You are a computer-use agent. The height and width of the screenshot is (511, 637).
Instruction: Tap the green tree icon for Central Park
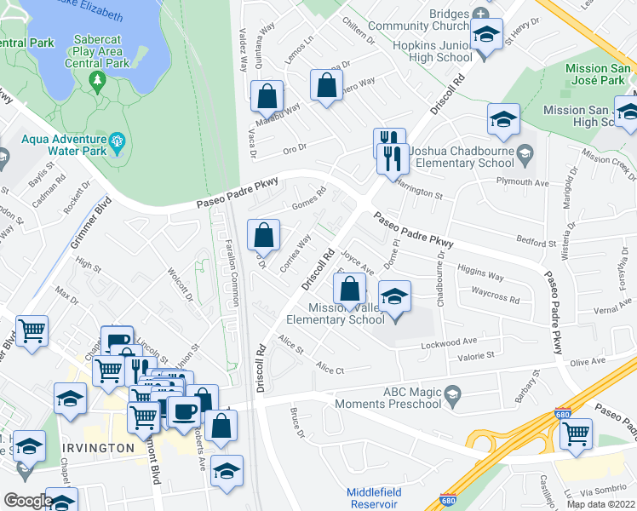[x=97, y=81]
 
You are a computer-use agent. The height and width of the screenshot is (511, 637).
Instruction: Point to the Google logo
[x=28, y=501]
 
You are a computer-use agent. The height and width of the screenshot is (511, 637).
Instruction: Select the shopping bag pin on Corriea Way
[x=264, y=235]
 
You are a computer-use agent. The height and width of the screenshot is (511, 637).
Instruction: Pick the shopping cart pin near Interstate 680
[x=577, y=433]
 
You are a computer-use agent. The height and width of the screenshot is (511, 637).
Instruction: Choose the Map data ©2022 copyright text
[x=600, y=504]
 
